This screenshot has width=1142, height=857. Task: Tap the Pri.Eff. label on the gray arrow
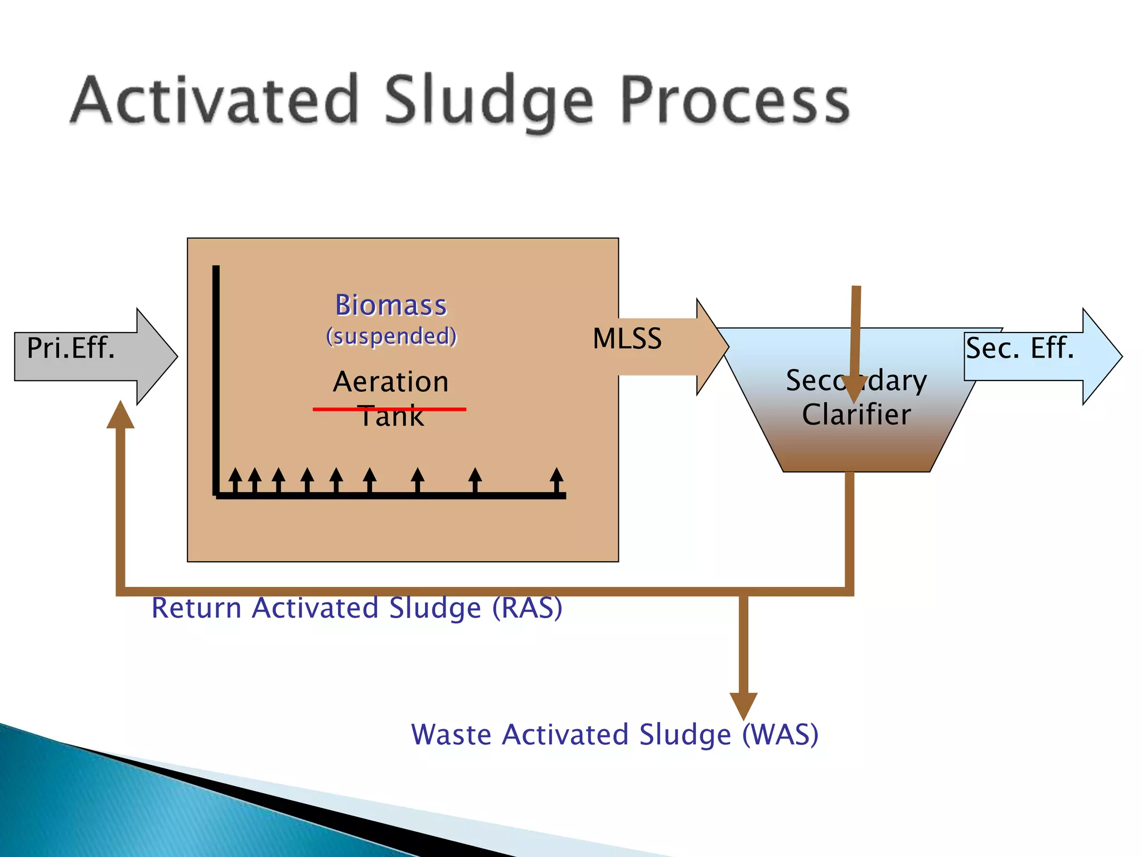(x=71, y=348)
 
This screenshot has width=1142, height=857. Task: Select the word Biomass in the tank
(x=391, y=305)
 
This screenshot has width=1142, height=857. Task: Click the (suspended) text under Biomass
(x=391, y=336)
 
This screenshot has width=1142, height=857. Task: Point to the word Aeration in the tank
(x=391, y=382)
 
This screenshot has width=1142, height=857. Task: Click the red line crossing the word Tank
(x=335, y=409)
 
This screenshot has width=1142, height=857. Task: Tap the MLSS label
(x=627, y=339)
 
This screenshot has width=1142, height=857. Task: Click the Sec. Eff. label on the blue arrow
(x=1019, y=348)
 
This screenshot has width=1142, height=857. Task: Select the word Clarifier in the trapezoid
(x=856, y=415)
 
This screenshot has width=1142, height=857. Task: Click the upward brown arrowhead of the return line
(x=120, y=416)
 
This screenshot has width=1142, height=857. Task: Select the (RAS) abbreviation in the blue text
(x=527, y=608)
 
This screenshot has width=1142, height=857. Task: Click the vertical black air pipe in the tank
(x=216, y=379)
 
